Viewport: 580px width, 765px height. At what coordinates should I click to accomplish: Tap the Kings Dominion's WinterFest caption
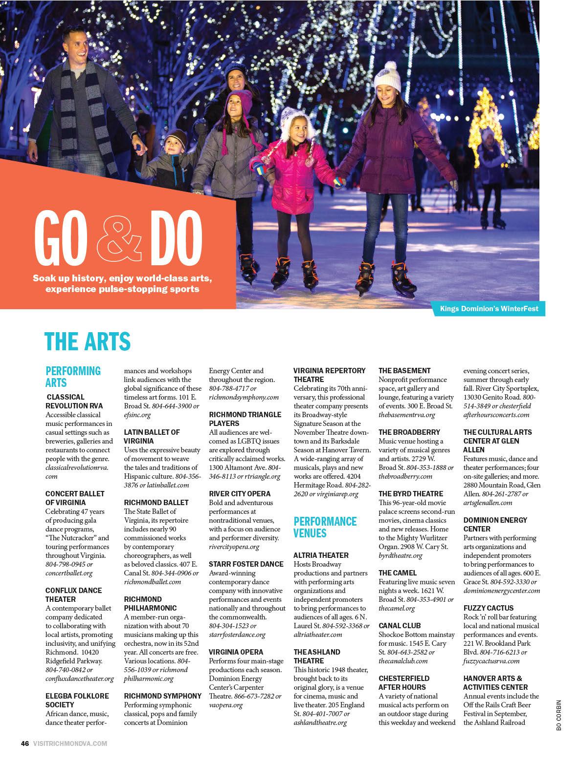[489, 309]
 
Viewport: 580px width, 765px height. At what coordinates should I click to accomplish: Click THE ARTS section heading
[88, 341]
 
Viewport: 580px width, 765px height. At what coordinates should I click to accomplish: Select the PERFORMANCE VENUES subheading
[325, 527]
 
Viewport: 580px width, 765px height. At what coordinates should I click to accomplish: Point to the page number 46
[24, 744]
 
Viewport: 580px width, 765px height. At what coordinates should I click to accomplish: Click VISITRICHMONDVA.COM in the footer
[70, 744]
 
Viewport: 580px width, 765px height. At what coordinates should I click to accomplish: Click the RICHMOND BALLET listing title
[156, 502]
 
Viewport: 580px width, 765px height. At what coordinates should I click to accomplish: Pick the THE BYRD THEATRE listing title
[411, 494]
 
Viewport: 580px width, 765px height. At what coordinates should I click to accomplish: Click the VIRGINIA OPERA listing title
[236, 652]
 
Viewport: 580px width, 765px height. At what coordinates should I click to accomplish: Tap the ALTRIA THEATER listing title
[321, 555]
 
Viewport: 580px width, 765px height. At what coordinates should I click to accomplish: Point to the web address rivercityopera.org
[234, 547]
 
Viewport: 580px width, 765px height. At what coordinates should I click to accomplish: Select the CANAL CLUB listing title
[400, 625]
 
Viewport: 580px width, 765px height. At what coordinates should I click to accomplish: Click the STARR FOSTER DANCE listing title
[246, 564]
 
